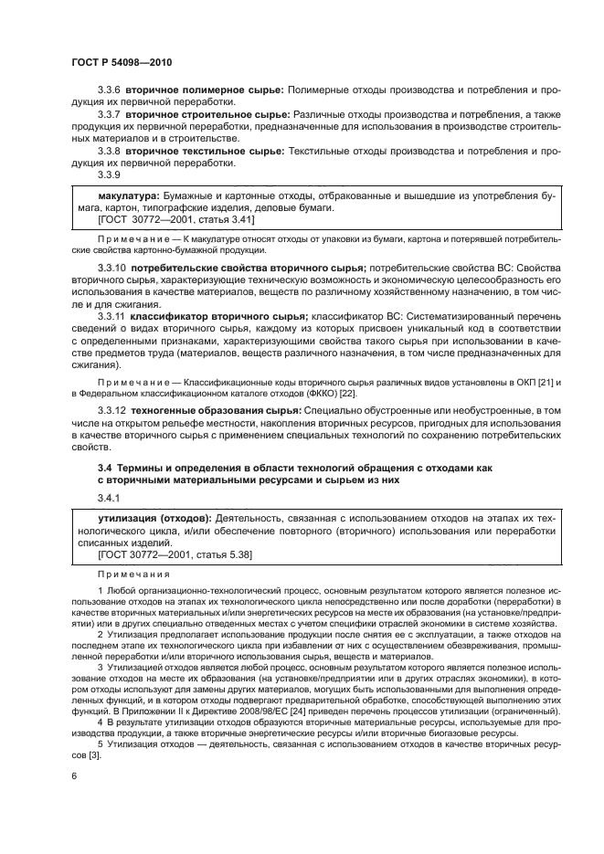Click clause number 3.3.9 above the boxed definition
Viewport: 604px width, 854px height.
click(x=110, y=173)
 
